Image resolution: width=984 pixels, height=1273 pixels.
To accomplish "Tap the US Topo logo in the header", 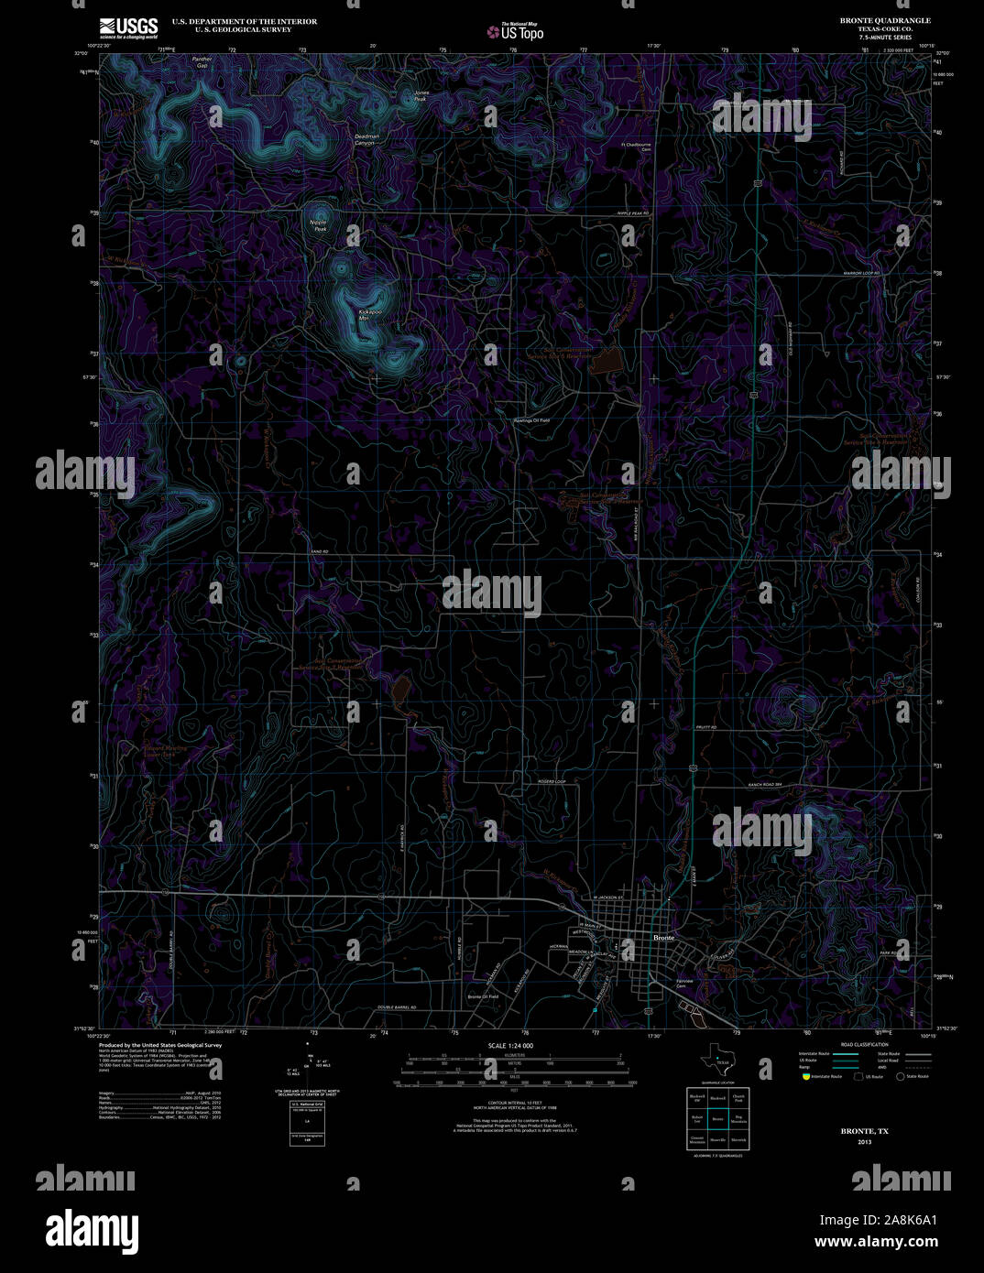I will [515, 32].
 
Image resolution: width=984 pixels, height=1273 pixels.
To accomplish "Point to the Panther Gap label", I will [202, 62].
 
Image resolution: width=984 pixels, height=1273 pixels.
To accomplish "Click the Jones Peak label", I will [421, 94].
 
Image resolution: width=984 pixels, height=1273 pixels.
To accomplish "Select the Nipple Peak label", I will [318, 225].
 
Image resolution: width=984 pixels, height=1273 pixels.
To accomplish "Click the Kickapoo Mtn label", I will [370, 314].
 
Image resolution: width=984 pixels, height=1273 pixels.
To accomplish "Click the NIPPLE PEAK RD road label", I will [631, 213].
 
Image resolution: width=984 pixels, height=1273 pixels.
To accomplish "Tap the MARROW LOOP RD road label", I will [860, 274].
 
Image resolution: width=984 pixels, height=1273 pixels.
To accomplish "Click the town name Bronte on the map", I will [664, 938].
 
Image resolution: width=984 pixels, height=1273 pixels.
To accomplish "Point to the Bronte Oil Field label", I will [483, 996].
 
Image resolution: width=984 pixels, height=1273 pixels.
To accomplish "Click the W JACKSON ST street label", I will [607, 898].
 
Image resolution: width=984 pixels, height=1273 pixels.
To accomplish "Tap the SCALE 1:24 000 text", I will [510, 1045].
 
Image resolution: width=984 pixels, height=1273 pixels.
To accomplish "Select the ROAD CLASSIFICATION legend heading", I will [865, 1045].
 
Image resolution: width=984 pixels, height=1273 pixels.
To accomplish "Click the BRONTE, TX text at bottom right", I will [864, 1132].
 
